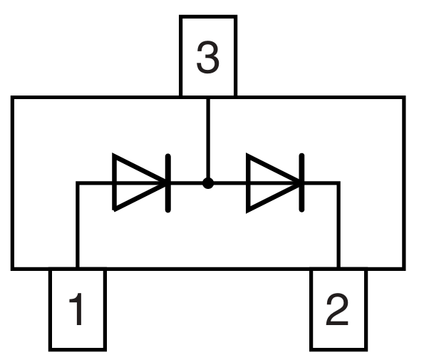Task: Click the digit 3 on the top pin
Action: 207,58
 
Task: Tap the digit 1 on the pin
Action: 76,311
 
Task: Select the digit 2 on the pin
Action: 337,311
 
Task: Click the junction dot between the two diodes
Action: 207,183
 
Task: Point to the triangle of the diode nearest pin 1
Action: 135,183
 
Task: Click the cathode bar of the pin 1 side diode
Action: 168,183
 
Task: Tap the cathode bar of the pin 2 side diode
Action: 302,183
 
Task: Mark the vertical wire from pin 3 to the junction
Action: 207,139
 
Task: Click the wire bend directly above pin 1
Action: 77,183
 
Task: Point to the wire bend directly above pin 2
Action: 338,183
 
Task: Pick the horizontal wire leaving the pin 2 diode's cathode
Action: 321,183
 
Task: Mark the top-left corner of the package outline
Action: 12,98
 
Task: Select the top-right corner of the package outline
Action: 404,98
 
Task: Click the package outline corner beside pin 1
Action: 12,269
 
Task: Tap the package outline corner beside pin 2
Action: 404,269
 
